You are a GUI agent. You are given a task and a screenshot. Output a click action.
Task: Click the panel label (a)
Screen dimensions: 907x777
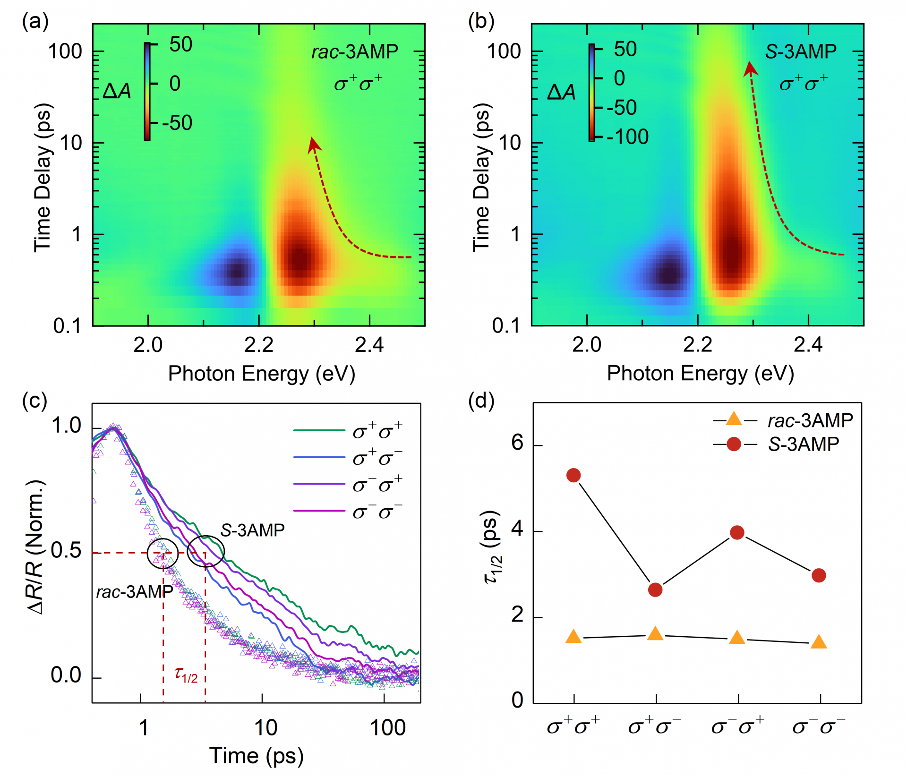(35, 22)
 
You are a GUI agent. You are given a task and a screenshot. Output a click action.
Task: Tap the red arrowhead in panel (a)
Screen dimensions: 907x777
(314, 145)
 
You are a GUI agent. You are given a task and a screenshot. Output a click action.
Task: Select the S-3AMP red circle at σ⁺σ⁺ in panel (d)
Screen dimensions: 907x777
(573, 475)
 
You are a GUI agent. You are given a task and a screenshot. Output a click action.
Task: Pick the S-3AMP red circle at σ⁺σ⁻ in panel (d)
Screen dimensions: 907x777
(655, 589)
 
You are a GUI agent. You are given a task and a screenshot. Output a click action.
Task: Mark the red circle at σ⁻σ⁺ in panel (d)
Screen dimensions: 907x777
(737, 533)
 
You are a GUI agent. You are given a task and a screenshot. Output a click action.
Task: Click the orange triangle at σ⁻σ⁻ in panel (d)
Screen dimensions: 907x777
(819, 642)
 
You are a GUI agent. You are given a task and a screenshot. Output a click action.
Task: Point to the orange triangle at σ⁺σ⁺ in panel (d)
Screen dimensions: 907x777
(573, 636)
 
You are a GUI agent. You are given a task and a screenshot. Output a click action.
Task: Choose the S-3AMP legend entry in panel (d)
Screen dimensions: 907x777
(776, 444)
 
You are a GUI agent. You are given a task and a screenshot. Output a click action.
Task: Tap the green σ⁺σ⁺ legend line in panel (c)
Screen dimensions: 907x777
(319, 430)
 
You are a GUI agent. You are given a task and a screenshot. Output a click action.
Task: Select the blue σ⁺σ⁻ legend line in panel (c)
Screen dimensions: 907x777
(319, 457)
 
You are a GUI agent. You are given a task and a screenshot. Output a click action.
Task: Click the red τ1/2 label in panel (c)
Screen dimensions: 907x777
(186, 674)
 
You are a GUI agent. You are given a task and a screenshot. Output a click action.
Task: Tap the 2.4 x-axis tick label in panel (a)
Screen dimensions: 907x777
(369, 345)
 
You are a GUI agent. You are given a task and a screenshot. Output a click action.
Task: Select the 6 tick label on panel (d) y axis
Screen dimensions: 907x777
(518, 443)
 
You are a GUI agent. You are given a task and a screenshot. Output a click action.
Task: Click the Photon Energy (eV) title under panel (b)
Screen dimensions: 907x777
(700, 374)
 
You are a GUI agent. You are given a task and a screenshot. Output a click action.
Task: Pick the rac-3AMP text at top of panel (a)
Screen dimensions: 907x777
(355, 51)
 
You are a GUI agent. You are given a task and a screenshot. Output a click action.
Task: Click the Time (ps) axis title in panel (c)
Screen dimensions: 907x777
(257, 756)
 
